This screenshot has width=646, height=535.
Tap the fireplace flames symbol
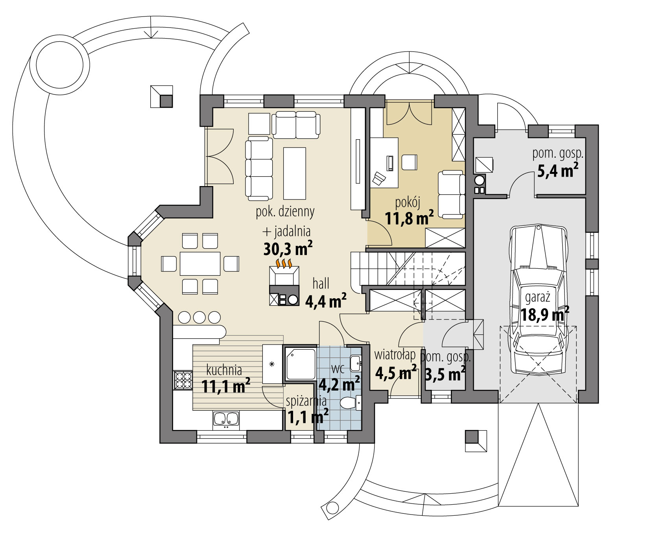click(x=284, y=263)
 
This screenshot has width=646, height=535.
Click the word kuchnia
click(x=224, y=370)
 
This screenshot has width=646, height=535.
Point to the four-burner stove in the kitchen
click(x=182, y=380)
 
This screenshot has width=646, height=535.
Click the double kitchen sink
click(x=226, y=419)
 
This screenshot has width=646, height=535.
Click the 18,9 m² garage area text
click(x=545, y=315)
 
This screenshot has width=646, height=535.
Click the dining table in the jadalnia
click(x=200, y=264)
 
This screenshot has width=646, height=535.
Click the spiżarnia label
click(x=306, y=401)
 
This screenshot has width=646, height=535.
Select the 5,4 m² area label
click(x=557, y=171)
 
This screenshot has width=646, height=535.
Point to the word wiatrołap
click(x=395, y=355)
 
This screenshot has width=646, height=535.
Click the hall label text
click(x=321, y=283)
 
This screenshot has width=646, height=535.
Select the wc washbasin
click(x=356, y=361)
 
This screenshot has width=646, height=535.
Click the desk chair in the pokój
click(x=379, y=179)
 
